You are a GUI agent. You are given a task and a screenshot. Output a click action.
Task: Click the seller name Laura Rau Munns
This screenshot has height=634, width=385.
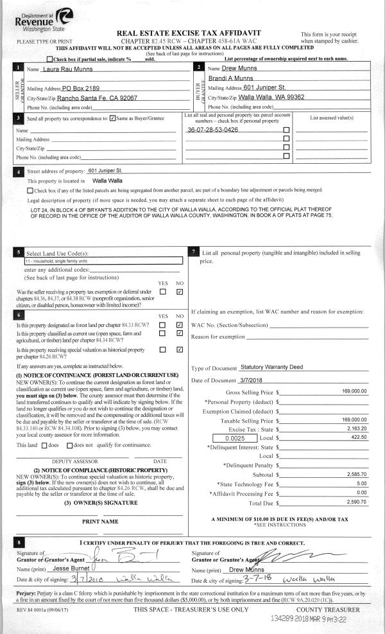(x=67, y=69)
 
